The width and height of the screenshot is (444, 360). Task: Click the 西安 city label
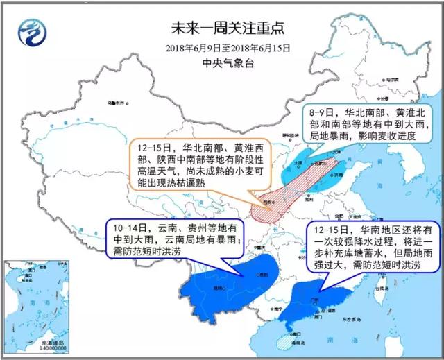pyautogui.click(x=266, y=203)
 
